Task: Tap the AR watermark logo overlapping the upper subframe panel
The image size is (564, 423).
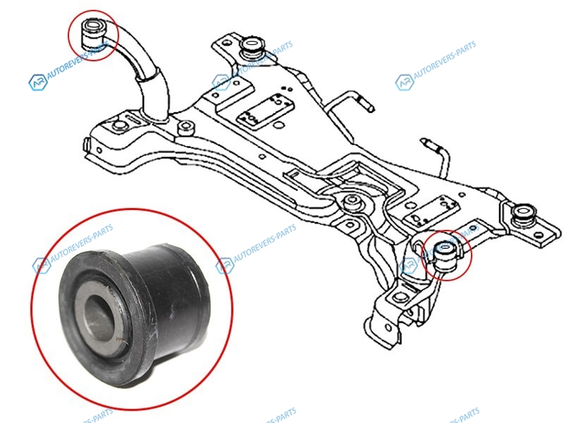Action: pos(221,82)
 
